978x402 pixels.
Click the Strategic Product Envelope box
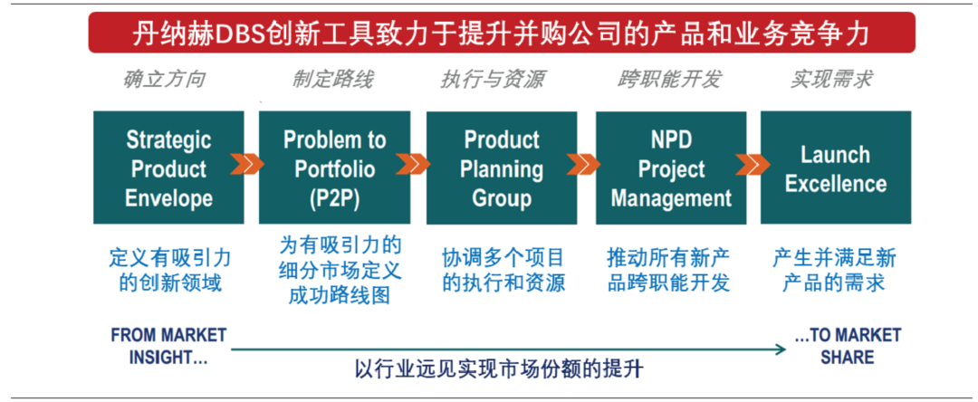[168, 167]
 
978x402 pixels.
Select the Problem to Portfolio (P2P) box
[334, 167]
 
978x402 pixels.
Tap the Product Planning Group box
[502, 167]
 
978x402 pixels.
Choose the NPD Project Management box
[671, 167]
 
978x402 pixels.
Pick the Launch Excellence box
[836, 167]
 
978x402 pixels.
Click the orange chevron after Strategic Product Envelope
[246, 165]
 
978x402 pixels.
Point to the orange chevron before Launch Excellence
[753, 165]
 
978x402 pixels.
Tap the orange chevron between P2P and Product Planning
[413, 165]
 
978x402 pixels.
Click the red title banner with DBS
[502, 33]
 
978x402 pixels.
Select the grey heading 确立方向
[162, 80]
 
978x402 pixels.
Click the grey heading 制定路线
[333, 80]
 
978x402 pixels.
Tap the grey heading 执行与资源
[492, 80]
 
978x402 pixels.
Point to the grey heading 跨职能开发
[669, 80]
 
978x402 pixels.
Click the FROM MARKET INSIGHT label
[168, 347]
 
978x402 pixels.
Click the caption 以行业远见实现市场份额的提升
[499, 369]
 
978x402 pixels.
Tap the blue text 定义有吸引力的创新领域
[169, 270]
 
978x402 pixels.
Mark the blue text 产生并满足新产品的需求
[835, 270]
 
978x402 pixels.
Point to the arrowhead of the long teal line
[782, 349]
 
